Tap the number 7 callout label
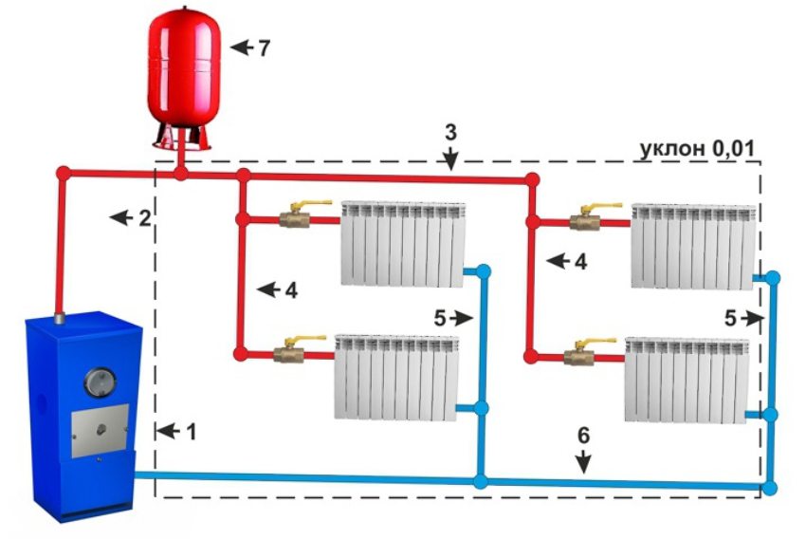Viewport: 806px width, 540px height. (264, 47)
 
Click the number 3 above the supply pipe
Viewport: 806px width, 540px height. (450, 132)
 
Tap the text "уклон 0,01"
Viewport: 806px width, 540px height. (701, 150)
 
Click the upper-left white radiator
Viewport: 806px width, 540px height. (403, 242)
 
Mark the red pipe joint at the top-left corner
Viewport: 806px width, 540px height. (64, 173)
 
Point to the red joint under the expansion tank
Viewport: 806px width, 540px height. (180, 174)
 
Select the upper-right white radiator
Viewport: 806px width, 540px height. (694, 245)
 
